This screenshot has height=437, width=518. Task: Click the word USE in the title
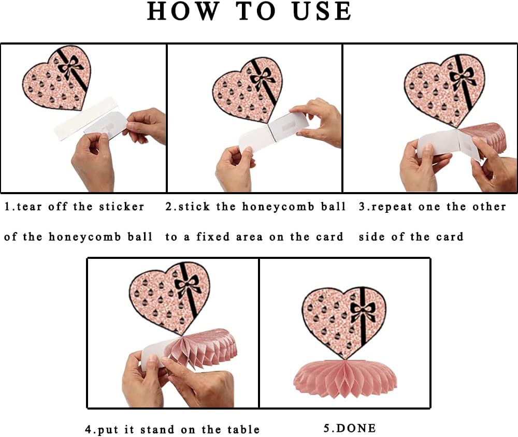(x=322, y=11)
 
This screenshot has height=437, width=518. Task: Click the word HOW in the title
(x=183, y=11)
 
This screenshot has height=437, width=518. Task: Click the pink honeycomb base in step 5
(x=345, y=377)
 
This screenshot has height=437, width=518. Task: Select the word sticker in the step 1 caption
(x=122, y=207)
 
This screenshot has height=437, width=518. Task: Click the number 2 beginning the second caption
(x=169, y=207)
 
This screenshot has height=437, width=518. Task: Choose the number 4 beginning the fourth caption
(x=89, y=429)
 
